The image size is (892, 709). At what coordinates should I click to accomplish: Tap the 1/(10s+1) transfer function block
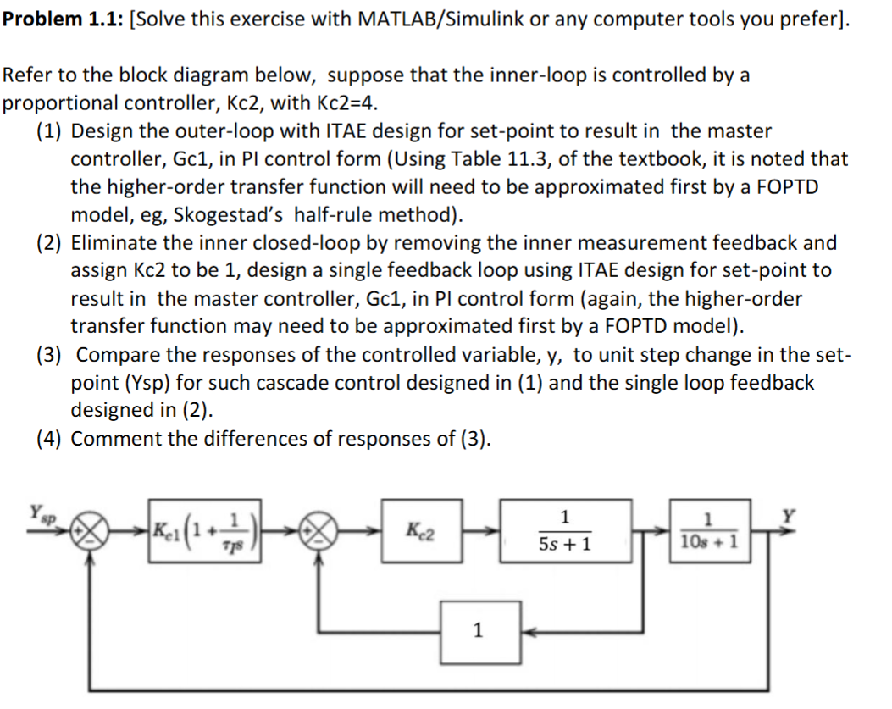tap(708, 529)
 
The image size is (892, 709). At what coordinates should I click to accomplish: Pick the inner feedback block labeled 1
tap(479, 630)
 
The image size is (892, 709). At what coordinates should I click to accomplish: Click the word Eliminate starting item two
tap(113, 243)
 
